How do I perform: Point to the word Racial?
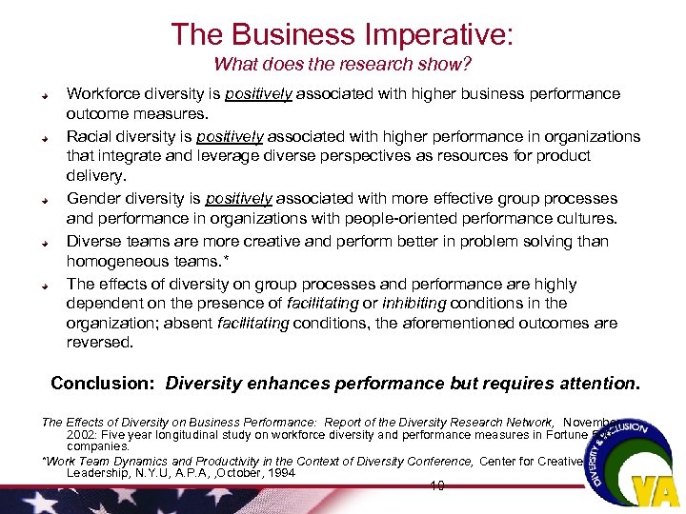[89, 136]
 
